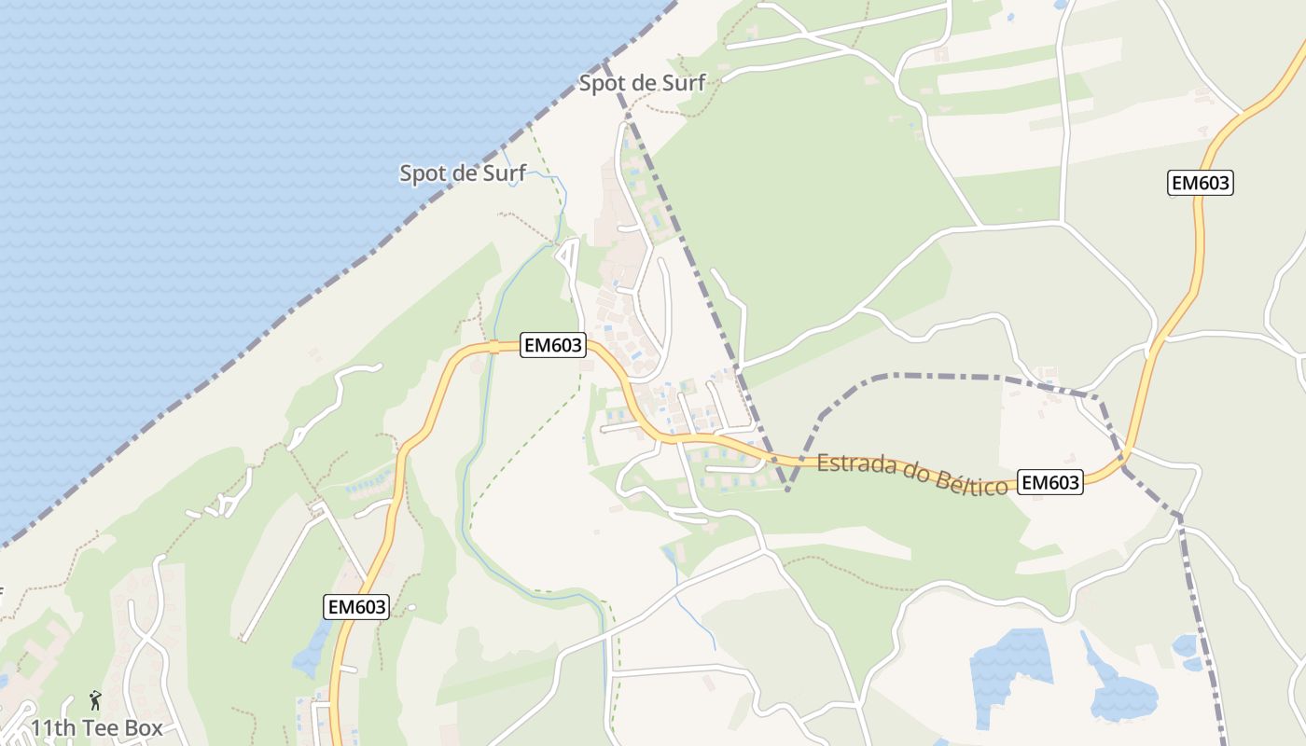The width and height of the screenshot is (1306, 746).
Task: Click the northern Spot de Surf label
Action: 642,83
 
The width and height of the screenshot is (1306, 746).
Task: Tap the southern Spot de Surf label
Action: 463,173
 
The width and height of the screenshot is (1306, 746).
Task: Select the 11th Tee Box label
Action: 97,728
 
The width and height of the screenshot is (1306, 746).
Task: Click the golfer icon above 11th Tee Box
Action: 94,699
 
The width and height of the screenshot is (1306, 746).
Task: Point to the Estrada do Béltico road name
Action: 912,474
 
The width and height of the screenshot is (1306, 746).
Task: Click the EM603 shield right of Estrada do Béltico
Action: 1049,482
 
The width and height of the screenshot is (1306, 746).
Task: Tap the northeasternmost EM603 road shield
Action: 1201,183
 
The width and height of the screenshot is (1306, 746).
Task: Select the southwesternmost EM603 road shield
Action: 356,606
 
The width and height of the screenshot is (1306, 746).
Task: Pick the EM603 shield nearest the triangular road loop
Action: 553,346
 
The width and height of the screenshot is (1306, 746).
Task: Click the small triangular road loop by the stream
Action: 566,253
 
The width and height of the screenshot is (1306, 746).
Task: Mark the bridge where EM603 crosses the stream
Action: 493,348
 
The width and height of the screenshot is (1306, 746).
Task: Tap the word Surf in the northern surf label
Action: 684,83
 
